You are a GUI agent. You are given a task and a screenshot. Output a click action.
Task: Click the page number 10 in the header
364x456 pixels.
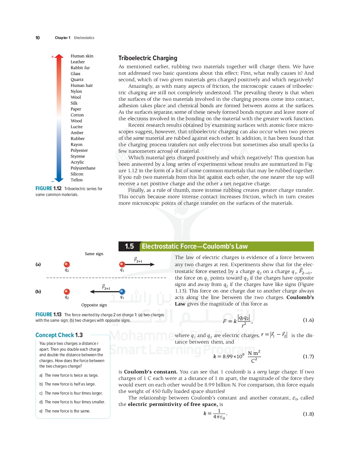click(37, 38)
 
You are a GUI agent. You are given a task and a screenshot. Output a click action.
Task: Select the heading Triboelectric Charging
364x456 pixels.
click(147, 58)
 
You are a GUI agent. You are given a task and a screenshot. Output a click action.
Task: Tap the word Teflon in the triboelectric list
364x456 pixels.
click(77, 180)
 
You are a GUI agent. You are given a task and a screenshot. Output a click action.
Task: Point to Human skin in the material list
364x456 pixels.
click(82, 56)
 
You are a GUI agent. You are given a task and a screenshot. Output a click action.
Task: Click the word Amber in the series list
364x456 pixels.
click(77, 133)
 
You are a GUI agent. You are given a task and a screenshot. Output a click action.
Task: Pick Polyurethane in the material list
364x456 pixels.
click(83, 168)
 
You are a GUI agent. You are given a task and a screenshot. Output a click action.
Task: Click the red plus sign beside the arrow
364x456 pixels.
click(52, 57)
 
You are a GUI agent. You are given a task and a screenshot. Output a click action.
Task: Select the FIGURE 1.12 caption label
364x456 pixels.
click(48, 189)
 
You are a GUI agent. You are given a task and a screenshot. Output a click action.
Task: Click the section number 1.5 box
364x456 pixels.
click(129, 246)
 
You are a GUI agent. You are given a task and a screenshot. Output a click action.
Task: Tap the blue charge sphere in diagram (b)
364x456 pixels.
click(122, 292)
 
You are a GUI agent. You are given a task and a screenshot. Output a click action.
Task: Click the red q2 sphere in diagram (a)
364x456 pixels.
click(67, 264)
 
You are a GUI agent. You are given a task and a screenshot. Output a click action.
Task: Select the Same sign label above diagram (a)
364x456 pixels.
click(94, 254)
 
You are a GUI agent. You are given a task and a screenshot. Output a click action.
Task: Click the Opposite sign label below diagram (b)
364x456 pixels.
click(94, 305)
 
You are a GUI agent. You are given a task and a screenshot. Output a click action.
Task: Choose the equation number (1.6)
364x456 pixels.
click(308, 320)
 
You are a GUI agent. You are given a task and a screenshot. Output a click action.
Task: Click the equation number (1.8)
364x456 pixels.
click(308, 414)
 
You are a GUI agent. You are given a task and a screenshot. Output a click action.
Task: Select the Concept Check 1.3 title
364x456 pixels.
click(59, 335)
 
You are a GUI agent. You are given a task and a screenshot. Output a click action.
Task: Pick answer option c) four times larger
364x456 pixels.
click(71, 393)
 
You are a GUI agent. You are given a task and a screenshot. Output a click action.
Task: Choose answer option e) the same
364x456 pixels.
click(65, 411)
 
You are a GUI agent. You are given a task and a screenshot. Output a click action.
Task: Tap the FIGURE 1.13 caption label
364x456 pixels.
click(48, 315)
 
